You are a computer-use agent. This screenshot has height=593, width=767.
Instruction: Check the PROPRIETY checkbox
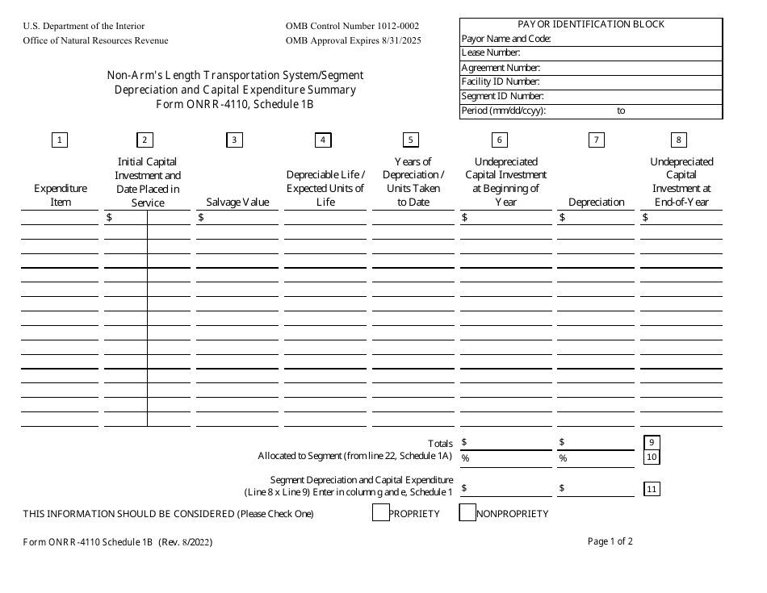point(381,513)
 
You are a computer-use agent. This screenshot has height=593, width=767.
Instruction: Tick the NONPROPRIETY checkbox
point(467,513)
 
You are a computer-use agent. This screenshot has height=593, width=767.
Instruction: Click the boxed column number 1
point(59,140)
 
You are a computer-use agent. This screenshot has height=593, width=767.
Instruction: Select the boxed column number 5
point(411,140)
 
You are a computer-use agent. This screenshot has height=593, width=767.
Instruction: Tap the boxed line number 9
point(652,442)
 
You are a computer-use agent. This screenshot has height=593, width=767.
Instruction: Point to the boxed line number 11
point(652,488)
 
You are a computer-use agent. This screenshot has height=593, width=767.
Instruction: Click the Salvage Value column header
point(237,203)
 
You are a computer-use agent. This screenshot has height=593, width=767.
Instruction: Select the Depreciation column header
point(597,203)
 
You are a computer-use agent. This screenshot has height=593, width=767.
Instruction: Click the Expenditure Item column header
point(61,195)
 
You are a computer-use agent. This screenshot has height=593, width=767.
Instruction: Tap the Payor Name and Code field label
point(505,39)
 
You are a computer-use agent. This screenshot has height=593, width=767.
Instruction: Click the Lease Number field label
point(490,53)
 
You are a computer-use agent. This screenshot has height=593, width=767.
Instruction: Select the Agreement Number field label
point(501,68)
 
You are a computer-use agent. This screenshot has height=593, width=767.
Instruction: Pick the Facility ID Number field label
point(500,82)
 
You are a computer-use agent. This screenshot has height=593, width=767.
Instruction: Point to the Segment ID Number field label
point(501,97)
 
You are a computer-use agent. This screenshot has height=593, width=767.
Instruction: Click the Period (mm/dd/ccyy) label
point(504,111)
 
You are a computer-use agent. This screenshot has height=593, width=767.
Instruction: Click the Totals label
point(441,444)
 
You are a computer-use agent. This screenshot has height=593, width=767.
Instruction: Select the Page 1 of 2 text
point(610,542)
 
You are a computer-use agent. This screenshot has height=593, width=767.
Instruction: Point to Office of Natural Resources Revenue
point(96,40)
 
